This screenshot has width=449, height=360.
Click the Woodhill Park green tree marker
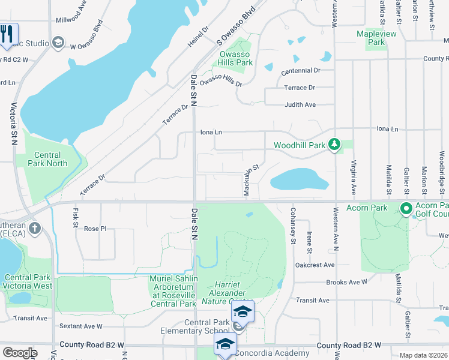335,145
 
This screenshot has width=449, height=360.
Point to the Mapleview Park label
376,38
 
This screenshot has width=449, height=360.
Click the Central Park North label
47,159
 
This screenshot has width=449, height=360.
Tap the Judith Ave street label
300,104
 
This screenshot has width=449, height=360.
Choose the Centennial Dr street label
301,70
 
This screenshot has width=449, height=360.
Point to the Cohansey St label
293,226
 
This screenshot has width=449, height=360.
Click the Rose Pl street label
95,229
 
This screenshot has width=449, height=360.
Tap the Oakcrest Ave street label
315,265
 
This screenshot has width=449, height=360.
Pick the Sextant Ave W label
80,326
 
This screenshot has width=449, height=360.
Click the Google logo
20,353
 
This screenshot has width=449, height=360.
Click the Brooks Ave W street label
346,281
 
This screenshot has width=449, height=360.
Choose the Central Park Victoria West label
28,281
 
